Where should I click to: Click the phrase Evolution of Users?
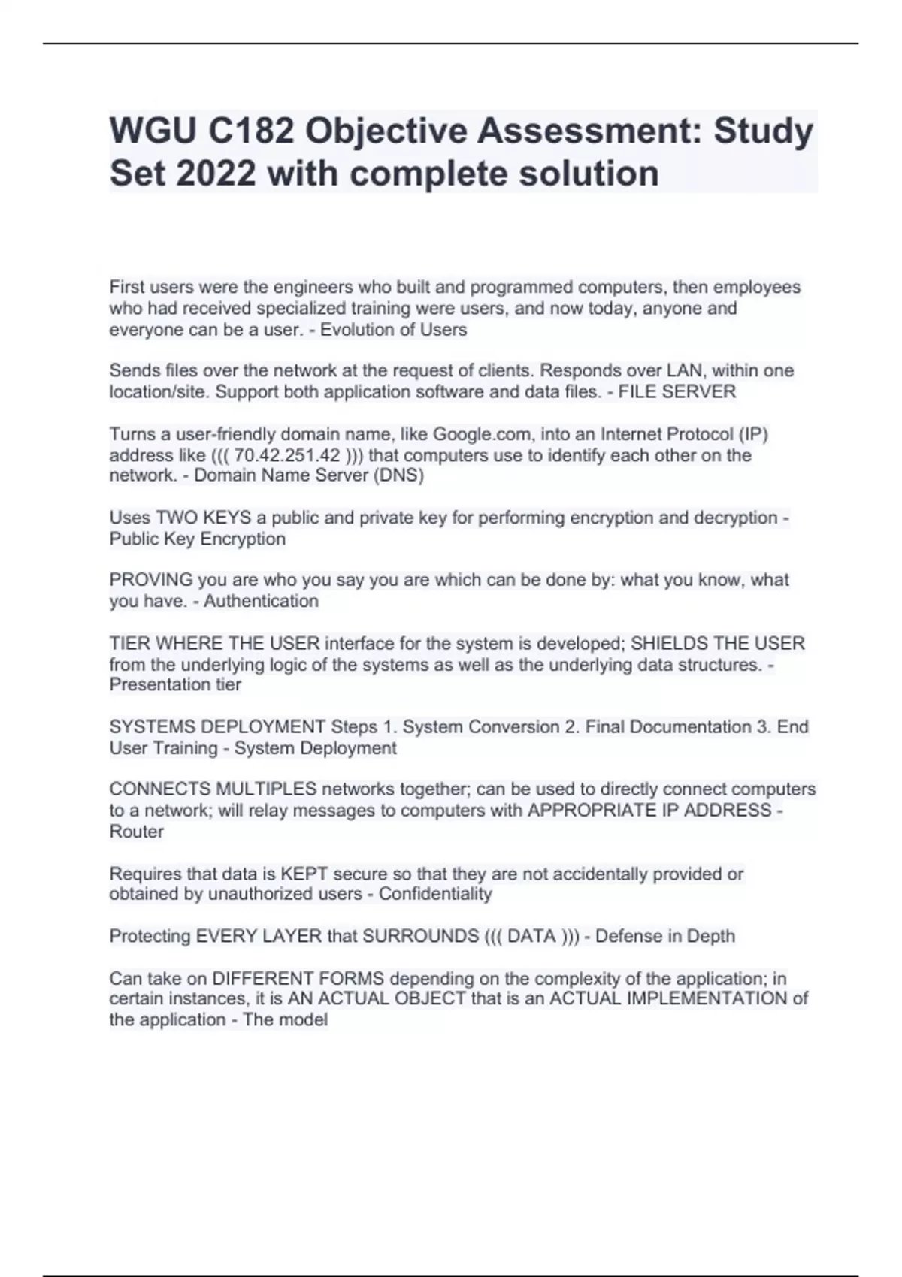point(393,330)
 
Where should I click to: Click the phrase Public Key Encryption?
point(197,539)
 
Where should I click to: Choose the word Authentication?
point(261,601)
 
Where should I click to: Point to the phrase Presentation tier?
point(175,684)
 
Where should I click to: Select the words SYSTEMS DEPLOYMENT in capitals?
point(217,727)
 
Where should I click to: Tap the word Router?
point(136,832)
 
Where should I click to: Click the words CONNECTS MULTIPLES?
point(213,789)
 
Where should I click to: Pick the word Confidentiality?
point(435,894)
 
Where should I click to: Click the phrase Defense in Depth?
point(664,936)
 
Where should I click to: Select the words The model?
point(285,1020)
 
